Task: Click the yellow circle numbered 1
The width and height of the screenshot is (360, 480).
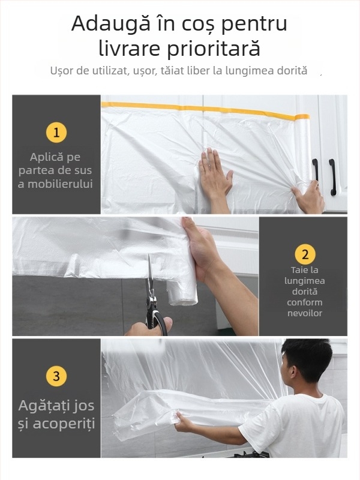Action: coord(56,133)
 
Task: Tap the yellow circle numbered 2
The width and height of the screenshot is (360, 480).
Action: coord(304,254)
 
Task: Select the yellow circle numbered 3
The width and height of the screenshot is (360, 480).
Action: coord(56,376)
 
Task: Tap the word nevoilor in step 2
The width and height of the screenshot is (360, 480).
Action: coord(304,313)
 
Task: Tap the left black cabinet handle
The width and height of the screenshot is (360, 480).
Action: coord(315,170)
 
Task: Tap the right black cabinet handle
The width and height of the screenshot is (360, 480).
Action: coord(332,176)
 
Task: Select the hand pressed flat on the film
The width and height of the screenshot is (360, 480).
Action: coord(214,174)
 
